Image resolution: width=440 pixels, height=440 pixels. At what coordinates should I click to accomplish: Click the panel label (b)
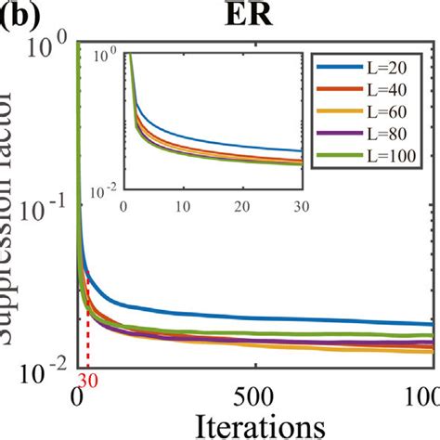pos(20,18)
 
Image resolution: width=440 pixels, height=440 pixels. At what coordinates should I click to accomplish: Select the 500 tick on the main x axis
pos(256,392)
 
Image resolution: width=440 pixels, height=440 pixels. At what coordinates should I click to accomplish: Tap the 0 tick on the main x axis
pos(78,392)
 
